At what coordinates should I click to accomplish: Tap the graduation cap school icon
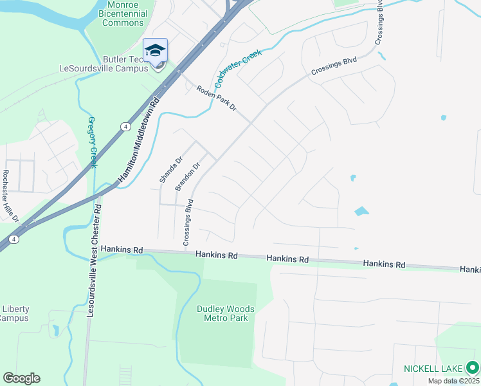155,50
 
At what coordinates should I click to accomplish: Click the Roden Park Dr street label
217,98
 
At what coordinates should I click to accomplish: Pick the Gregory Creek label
93,142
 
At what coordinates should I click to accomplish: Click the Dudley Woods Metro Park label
225,313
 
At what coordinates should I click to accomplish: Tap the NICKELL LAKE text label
433,369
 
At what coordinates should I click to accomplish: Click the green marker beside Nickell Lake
473,368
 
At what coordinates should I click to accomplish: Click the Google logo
21,378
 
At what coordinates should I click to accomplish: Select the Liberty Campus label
14,313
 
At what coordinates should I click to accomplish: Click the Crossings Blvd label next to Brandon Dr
188,226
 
